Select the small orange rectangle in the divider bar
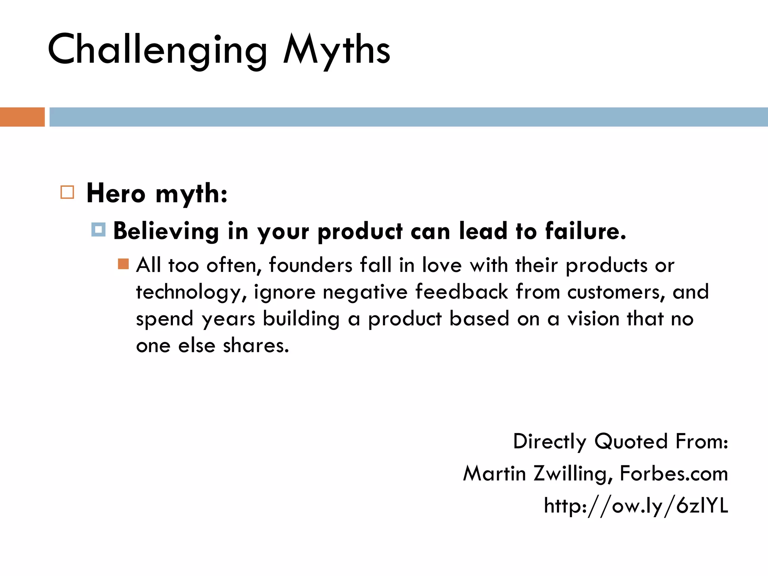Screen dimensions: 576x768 [22, 117]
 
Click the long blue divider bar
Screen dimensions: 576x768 [408, 117]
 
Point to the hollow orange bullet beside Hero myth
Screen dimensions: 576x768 [67, 192]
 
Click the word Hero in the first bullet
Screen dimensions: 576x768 [115, 194]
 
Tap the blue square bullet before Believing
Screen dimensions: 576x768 [98, 229]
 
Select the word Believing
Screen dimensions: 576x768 [166, 231]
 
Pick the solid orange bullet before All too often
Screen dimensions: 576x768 [123, 264]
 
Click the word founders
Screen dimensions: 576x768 [310, 265]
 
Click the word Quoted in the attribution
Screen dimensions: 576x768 [631, 441]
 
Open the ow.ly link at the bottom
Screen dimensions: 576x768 [636, 505]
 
